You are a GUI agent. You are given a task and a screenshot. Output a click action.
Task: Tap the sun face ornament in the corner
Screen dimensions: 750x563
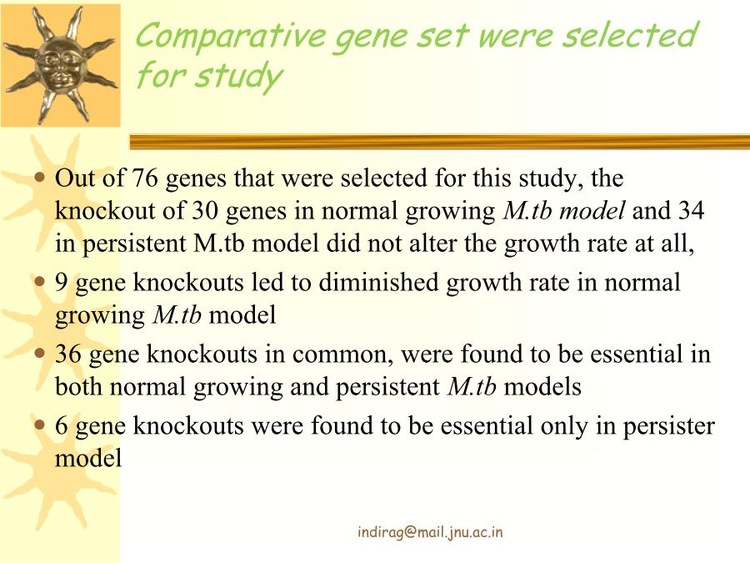click(60, 64)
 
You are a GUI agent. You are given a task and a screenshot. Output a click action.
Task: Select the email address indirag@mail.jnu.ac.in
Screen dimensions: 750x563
click(430, 532)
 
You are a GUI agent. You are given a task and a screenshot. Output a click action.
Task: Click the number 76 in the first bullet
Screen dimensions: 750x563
click(144, 178)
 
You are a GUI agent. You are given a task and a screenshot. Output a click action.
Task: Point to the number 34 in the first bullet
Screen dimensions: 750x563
click(690, 211)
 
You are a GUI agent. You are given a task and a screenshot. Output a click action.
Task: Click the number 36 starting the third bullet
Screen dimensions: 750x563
click(68, 354)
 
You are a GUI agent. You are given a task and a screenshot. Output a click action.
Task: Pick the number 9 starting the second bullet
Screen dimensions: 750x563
click(61, 283)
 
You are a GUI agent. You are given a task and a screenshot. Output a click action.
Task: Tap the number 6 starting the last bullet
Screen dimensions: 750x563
click(61, 426)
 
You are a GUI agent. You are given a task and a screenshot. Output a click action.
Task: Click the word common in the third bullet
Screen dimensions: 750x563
click(342, 355)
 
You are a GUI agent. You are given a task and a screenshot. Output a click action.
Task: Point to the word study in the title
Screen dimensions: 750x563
click(239, 77)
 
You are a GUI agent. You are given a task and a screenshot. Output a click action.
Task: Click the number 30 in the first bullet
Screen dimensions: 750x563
click(205, 211)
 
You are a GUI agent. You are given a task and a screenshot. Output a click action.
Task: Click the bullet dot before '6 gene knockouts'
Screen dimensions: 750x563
click(40, 425)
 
